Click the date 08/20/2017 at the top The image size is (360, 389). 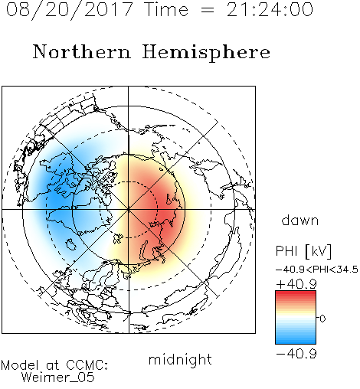point(69,9)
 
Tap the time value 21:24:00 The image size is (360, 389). point(270,9)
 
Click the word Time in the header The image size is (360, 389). point(166,9)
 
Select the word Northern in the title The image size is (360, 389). point(82,51)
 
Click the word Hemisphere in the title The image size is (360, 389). point(206,53)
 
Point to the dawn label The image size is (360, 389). point(300,221)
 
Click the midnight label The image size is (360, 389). point(180,360)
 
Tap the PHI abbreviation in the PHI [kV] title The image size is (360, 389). point(286,251)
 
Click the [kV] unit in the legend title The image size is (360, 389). point(319,251)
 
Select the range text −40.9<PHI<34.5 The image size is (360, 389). point(317,270)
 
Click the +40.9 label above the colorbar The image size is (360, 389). point(296,284)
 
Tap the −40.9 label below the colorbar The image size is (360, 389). point(296,354)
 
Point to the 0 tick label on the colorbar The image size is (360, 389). point(322,319)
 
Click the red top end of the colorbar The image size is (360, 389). point(296,293)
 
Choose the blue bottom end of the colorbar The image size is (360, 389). point(296,342)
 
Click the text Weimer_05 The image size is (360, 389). point(57,378)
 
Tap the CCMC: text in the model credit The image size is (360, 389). point(87,365)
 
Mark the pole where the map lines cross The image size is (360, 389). point(129,209)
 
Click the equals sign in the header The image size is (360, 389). point(208,10)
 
